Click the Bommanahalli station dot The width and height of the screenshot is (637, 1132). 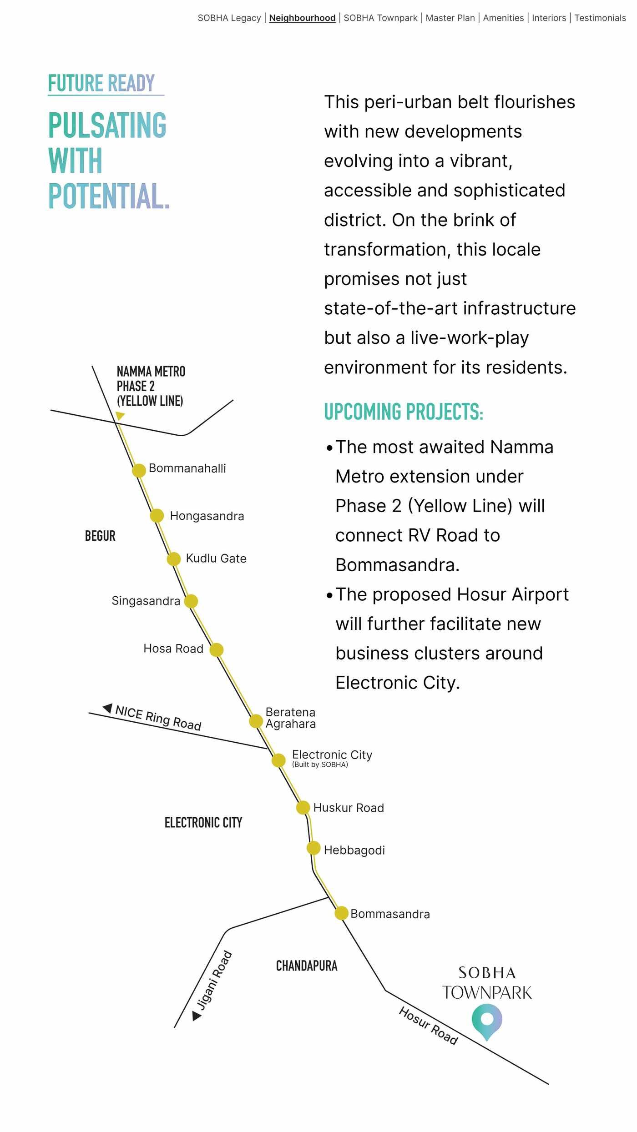point(139,470)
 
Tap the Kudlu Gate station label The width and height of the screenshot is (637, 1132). point(216,558)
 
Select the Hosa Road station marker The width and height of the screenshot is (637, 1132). point(217,649)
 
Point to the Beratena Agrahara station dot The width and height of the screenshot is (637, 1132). point(256,721)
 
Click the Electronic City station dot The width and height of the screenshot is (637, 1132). point(278,760)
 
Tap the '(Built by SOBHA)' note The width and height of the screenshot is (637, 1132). point(320,765)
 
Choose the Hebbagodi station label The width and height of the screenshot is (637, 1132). point(354,850)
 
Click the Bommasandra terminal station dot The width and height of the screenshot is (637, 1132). point(341,913)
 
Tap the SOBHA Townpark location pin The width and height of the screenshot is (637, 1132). point(487,1021)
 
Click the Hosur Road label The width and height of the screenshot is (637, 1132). point(428,1026)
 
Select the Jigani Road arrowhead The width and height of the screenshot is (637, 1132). point(197,1016)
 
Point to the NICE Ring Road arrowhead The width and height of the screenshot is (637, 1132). point(108,708)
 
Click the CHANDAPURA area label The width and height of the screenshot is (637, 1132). point(307,966)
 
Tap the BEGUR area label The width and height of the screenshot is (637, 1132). point(100,536)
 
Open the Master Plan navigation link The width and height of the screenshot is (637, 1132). point(450,18)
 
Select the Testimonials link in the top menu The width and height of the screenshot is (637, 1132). point(600,18)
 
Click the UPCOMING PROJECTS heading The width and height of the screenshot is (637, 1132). point(403,412)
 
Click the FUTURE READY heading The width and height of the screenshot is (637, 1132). point(101,83)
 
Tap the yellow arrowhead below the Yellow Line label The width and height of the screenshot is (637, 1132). point(120,415)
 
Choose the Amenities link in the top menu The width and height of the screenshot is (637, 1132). point(503,18)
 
